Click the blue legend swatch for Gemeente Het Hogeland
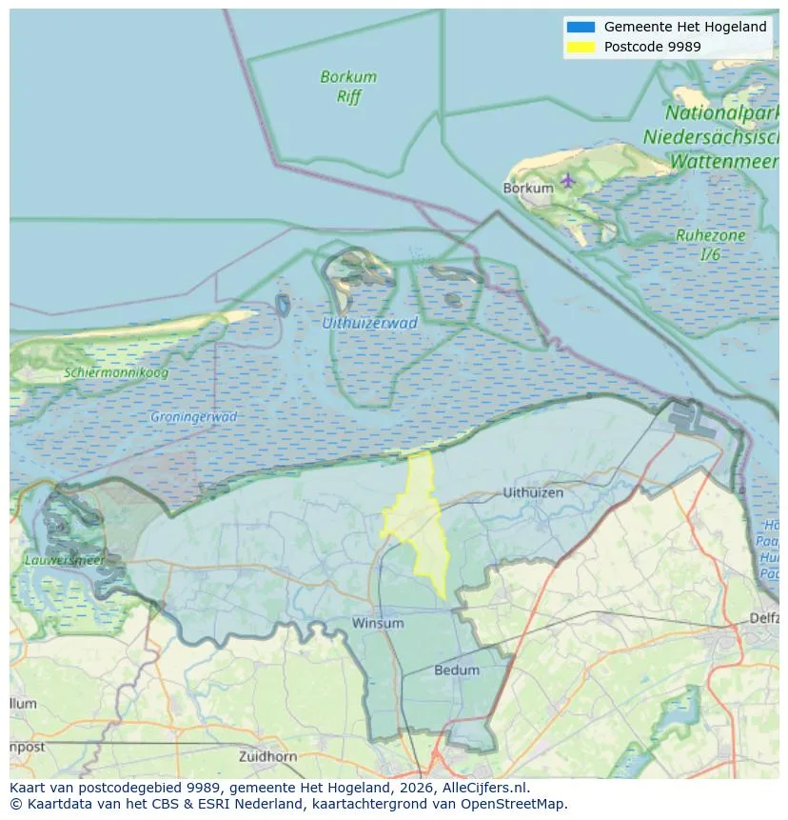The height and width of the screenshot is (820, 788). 581,27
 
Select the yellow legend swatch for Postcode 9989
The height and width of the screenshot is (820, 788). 581,46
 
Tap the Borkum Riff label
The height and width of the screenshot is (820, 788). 348,87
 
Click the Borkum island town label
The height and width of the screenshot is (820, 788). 528,189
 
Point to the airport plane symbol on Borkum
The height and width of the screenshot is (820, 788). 568,179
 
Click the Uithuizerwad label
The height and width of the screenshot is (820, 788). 369,323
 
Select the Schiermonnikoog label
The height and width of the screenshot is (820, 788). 116,373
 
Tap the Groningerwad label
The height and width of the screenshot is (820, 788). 194,417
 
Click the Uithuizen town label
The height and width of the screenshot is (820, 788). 533,493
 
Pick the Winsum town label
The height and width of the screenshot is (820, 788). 378,624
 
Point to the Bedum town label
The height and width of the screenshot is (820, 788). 457,670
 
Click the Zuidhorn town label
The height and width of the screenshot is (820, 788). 269,757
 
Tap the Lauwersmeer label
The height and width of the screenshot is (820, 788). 64,561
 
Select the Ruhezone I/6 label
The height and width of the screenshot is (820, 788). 710,245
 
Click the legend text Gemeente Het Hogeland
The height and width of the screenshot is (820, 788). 685,27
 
